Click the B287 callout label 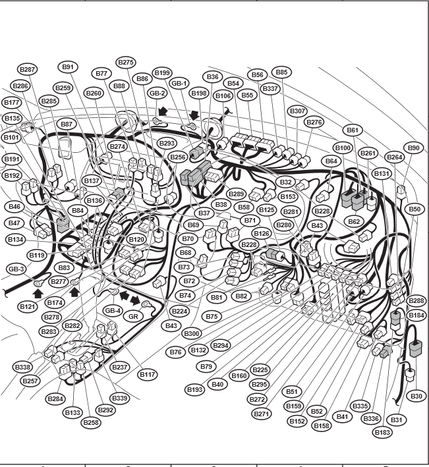pos(28,69)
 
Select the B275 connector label pos(126,63)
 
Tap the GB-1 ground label pos(179,84)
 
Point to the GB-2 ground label pos(157,94)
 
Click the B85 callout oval pos(281,72)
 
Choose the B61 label pos(353,130)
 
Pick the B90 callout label pos(413,148)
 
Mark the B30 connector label pos(416,396)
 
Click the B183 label pos(382,432)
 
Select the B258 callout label pos(91,422)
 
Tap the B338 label pos(22,367)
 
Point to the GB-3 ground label pos(16,269)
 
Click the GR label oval pos(133,316)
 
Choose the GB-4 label pos(113,311)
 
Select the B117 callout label pos(148,374)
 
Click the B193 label pos(195,389)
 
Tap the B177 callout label pos(12,103)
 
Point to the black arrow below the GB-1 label pos(194,115)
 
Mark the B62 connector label pos(354,221)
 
